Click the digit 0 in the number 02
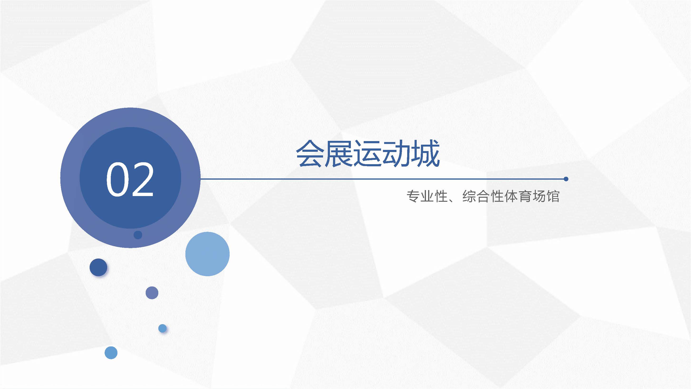(117, 179)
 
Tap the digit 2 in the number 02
(143, 179)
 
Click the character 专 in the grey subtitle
(413, 196)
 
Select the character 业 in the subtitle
(427, 196)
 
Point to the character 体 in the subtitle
(511, 196)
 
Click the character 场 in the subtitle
(539, 196)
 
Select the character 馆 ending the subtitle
(553, 196)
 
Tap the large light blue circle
(207, 254)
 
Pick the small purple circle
(152, 293)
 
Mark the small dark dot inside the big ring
(138, 235)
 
